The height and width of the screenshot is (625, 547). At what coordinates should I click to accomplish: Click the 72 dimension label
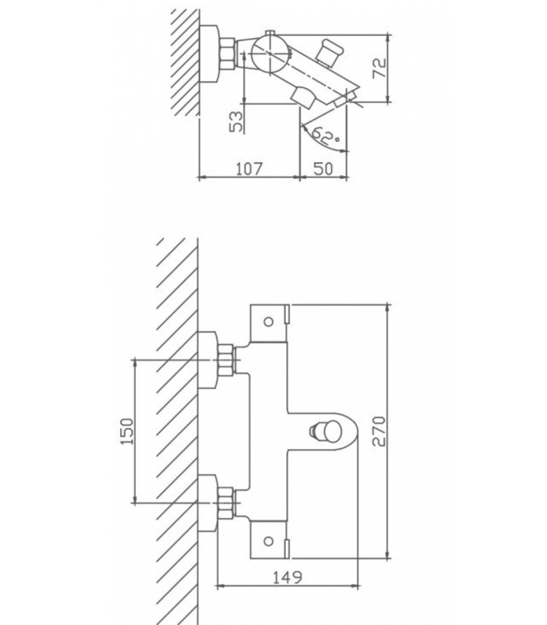pos(380,68)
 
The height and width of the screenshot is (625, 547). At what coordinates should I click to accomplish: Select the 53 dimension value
pos(236,121)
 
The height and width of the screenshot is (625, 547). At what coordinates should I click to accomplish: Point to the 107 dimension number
pos(249,168)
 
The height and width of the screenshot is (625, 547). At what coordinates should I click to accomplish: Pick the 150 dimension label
pos(127,431)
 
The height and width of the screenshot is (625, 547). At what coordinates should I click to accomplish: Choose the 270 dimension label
pos(379,431)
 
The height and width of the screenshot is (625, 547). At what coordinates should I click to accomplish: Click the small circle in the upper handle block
pos(268,322)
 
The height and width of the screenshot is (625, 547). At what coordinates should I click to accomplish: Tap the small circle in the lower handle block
pos(268,541)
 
